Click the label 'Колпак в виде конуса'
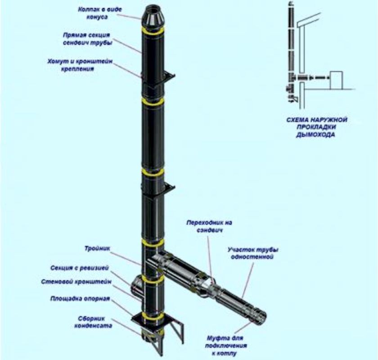click(x=99, y=13)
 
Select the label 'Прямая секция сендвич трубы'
click(x=88, y=39)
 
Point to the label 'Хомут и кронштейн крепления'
click(x=80, y=65)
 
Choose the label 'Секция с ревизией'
click(x=80, y=268)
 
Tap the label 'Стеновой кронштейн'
click(x=76, y=282)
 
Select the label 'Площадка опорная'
click(x=80, y=298)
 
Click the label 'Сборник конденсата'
click(x=93, y=322)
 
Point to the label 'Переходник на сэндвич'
click(x=209, y=226)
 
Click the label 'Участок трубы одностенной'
click(x=252, y=253)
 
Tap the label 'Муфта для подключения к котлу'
click(x=226, y=346)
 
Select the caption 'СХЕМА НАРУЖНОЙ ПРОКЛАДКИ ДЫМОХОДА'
click(x=316, y=127)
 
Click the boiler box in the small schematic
click(x=336, y=80)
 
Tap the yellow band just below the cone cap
click(x=153, y=31)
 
